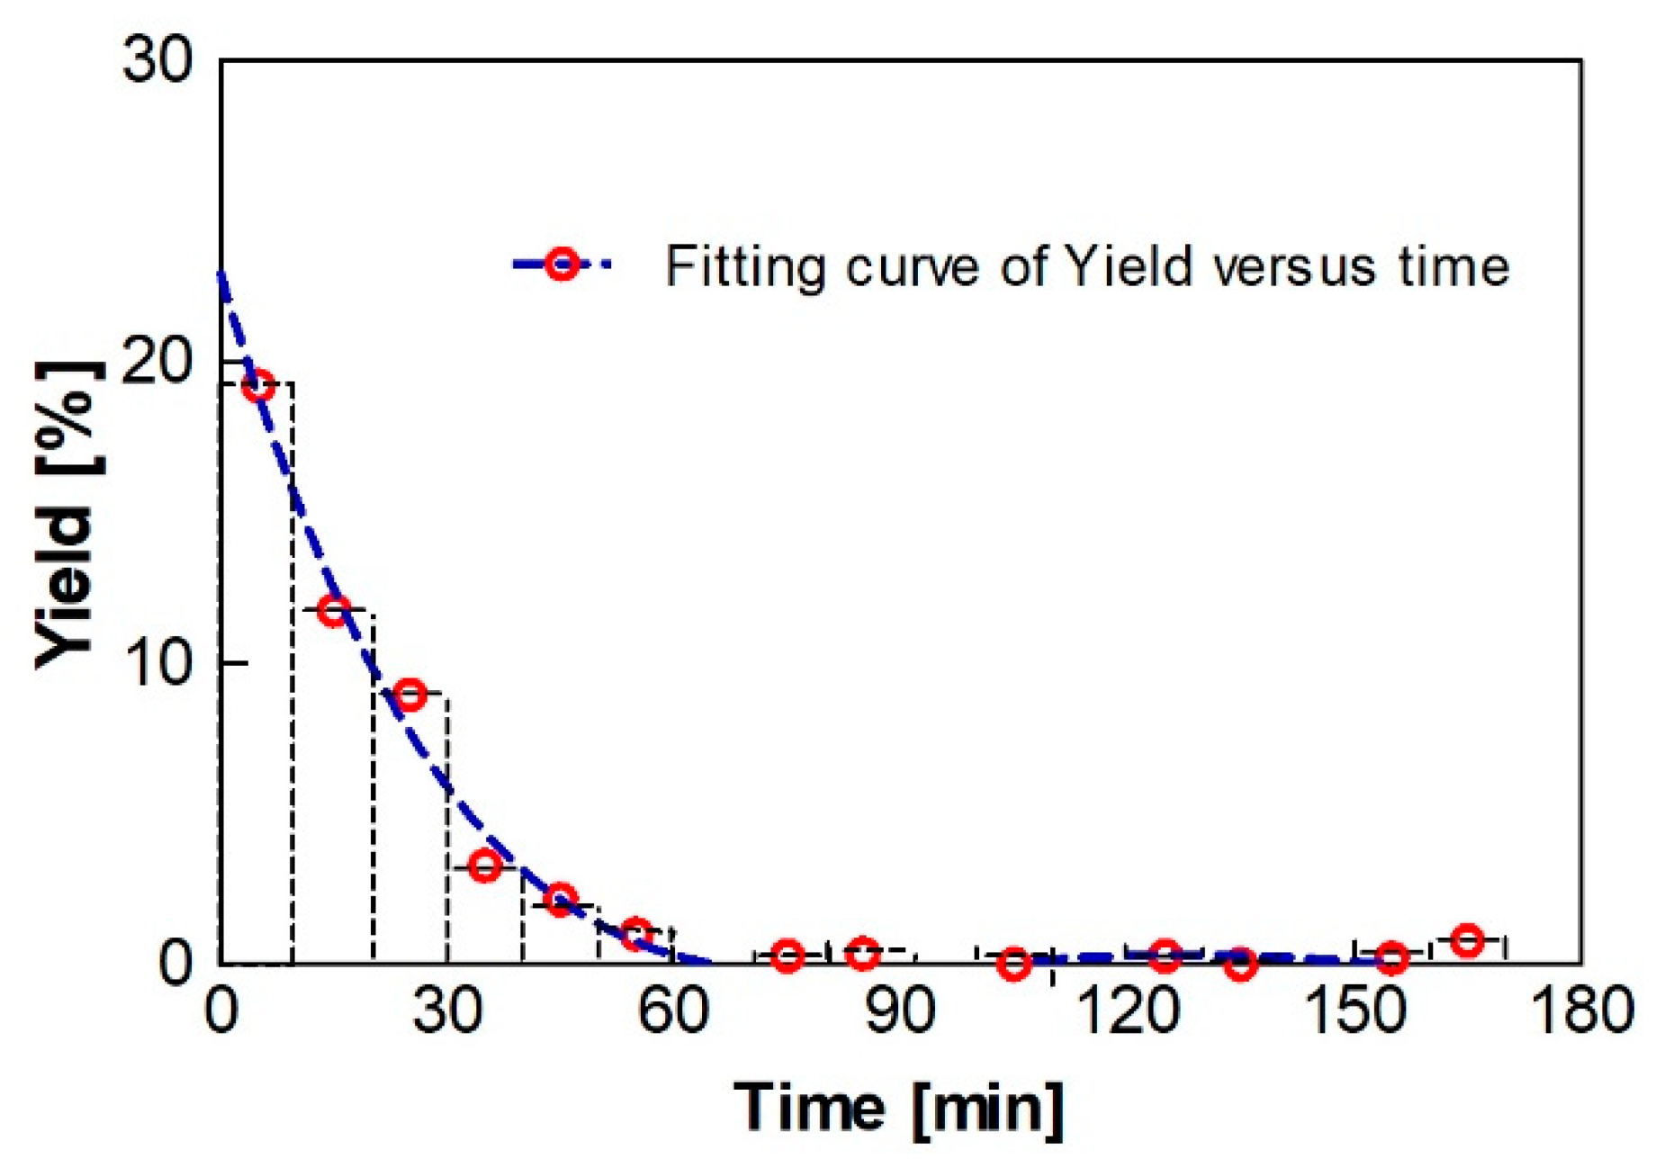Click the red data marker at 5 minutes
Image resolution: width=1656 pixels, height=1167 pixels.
[258, 388]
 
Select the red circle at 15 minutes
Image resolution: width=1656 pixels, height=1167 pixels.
[334, 612]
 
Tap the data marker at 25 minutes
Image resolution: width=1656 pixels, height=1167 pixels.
[410, 695]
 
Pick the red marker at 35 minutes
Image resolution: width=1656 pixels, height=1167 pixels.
[485, 866]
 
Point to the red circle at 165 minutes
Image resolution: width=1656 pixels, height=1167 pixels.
[1468, 940]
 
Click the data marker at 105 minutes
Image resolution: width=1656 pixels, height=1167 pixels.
[1014, 964]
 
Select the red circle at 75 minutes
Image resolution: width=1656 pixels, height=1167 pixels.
[787, 956]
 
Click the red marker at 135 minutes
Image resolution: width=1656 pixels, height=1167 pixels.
[1241, 965]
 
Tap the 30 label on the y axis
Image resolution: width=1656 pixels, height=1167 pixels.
[157, 61]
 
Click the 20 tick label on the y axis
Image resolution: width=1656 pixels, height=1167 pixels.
[157, 363]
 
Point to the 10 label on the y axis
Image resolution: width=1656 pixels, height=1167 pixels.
[157, 664]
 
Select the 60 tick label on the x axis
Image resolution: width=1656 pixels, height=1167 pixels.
[674, 1010]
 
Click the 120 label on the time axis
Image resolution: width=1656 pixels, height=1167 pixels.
[1128, 1010]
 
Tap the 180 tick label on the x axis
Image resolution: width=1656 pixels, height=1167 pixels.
[1581, 1010]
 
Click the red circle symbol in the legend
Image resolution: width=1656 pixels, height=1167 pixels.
[562, 265]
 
